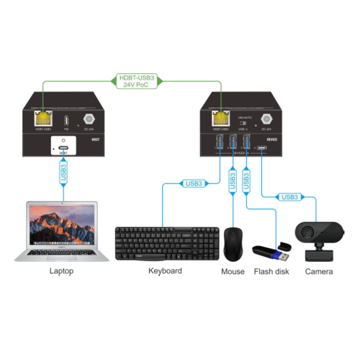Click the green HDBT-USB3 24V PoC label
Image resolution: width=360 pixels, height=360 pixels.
pyautogui.click(x=136, y=81)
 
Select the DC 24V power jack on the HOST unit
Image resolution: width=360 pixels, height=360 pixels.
pyautogui.click(x=89, y=119)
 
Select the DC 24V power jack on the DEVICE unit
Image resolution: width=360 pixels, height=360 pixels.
pyautogui.click(x=266, y=119)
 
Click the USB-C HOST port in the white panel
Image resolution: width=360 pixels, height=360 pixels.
pyautogui.click(x=63, y=148)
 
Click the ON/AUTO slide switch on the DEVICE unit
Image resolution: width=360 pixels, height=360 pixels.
pyautogui.click(x=243, y=123)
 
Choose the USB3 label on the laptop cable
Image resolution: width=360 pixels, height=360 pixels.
pyautogui.click(x=63, y=172)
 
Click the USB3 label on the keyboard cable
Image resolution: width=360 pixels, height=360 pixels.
pyautogui.click(x=194, y=183)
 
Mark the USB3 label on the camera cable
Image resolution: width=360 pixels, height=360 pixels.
pyautogui.click(x=290, y=197)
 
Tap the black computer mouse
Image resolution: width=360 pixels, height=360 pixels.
pyautogui.click(x=233, y=244)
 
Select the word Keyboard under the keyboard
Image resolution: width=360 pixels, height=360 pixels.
pyautogui.click(x=165, y=271)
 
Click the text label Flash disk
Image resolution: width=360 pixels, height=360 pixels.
pyautogui.click(x=271, y=271)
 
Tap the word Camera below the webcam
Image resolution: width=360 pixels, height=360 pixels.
pyautogui.click(x=319, y=271)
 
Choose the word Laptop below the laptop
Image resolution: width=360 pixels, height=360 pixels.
pyautogui.click(x=61, y=271)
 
